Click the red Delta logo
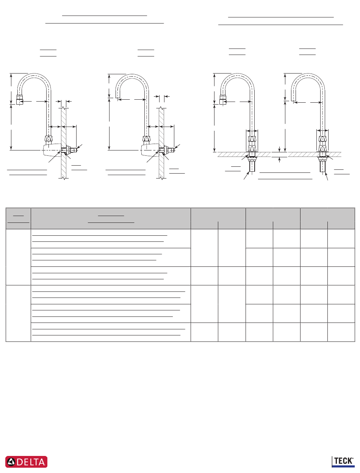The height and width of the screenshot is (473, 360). tap(26, 462)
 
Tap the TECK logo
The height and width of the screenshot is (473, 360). tap(343, 462)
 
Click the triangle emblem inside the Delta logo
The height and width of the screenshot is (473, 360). tap(11, 462)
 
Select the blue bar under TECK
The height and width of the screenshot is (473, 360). tap(343, 466)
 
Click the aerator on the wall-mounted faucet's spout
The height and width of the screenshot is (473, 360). tap(20, 100)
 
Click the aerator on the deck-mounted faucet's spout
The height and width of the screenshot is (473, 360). tap(223, 100)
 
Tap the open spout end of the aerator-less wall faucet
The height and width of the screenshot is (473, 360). tap(117, 98)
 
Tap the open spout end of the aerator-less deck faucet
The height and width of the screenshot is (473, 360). tap(293, 101)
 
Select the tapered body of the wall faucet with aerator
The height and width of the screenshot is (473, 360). tap(52, 150)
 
